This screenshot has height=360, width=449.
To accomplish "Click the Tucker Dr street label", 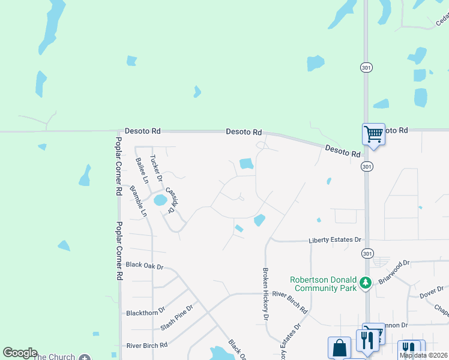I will (x=155, y=169).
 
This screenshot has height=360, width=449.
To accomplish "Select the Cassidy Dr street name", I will (x=171, y=199).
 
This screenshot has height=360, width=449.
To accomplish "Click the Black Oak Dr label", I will (x=145, y=265).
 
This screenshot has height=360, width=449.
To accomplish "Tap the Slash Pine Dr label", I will (x=177, y=318).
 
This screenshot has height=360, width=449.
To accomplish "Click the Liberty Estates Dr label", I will (x=335, y=240).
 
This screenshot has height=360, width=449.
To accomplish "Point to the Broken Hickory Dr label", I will (x=265, y=293).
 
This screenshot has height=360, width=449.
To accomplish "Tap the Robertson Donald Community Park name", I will (x=323, y=284).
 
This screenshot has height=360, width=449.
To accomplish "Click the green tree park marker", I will (x=364, y=282).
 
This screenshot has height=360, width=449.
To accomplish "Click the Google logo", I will (x=20, y=353).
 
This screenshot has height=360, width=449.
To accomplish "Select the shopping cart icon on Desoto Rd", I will (x=373, y=134).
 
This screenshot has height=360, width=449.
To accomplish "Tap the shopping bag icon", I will (x=339, y=347).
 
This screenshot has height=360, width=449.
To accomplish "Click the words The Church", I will (x=54, y=357).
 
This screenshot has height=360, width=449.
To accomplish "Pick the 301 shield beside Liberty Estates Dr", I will (x=366, y=254).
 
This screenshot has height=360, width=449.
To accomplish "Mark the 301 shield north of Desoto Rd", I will (x=366, y=68).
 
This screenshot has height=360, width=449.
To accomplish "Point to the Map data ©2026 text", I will (x=424, y=355).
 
